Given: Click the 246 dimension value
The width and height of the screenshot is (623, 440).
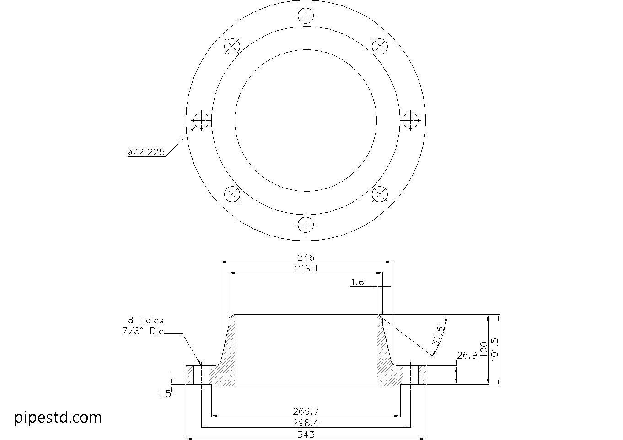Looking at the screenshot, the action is (x=306, y=257).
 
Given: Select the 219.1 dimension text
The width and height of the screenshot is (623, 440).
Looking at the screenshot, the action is (x=306, y=268).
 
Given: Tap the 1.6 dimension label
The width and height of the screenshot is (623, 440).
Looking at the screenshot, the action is (x=357, y=282).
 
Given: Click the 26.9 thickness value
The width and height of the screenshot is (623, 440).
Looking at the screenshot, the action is (x=467, y=355).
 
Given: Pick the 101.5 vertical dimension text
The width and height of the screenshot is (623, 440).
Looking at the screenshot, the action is (x=495, y=349).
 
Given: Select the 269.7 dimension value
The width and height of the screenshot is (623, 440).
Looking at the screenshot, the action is (x=306, y=411).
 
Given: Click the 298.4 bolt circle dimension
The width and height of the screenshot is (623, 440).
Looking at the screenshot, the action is (x=306, y=423).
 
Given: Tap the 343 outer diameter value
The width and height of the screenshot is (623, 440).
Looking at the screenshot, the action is (x=306, y=435).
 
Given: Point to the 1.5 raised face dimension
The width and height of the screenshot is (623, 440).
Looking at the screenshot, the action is (x=164, y=394).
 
